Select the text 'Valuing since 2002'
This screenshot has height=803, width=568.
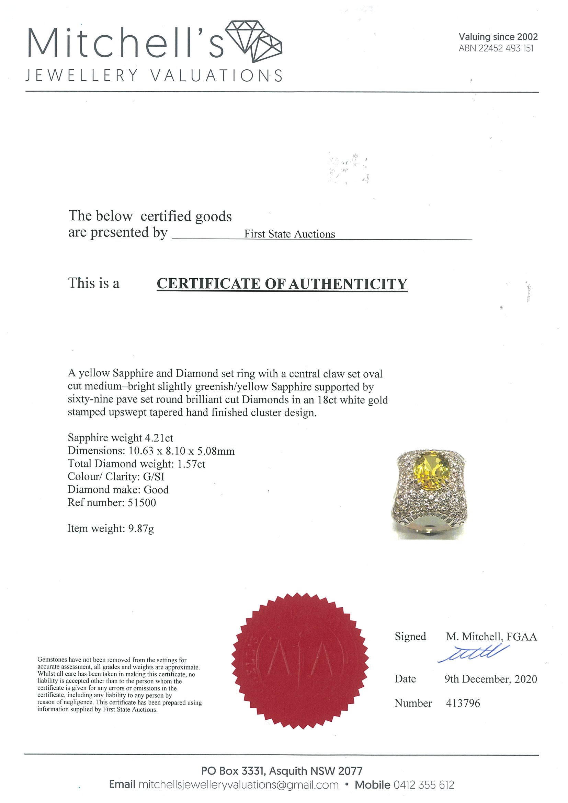pos(498,37)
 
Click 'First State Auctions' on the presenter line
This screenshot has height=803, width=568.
pos(289,234)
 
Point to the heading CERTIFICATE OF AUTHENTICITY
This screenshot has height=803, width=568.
pos(282,284)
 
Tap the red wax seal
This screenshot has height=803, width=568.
pos(299,661)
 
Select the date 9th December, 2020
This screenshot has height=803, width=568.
pos(490,679)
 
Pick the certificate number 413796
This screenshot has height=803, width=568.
pos(463,703)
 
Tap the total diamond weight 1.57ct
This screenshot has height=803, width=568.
pos(191,464)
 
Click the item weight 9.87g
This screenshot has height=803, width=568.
pos(141,528)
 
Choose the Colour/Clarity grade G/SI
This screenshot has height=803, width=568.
pos(154,477)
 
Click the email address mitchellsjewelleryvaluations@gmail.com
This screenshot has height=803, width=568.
pos(239,785)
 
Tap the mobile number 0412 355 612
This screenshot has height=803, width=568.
pos(424,785)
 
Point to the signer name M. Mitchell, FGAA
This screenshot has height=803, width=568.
pos(491,637)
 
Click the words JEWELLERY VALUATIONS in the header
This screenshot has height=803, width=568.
pos(154,75)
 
